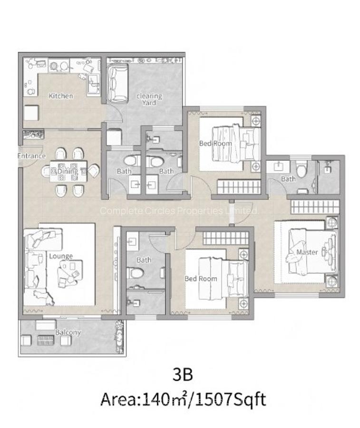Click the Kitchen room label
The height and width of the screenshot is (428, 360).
[x=61, y=96]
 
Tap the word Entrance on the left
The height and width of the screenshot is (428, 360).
[x=31, y=156]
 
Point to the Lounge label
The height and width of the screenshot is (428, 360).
[x=61, y=256]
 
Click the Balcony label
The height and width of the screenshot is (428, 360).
[x=68, y=332]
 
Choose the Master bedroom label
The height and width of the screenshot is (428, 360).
[x=307, y=252]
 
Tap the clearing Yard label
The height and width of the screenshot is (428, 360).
[x=149, y=99]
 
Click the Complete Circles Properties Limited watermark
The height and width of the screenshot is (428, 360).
[x=179, y=210]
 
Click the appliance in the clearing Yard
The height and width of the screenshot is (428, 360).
[x=117, y=83]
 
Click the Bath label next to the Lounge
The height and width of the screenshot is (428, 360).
[x=144, y=260]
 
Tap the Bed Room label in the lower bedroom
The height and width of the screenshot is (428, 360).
[x=201, y=278]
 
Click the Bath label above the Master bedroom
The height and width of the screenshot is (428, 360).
[x=288, y=179]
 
